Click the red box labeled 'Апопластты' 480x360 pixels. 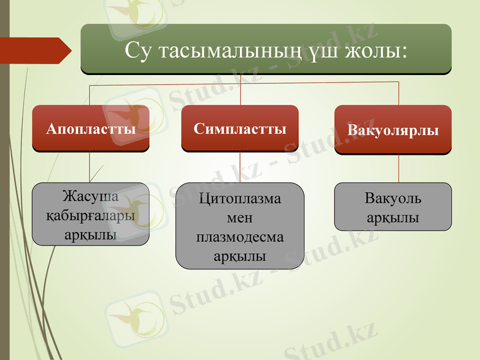91,128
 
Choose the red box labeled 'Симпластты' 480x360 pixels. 240,128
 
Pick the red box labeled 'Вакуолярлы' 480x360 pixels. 393,130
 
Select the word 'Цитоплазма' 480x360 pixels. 240,199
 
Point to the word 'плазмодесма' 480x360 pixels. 240,237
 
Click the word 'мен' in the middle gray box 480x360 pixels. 240,218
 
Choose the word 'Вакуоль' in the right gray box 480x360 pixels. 393,199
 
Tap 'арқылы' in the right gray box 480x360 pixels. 393,217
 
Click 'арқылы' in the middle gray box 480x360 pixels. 240,256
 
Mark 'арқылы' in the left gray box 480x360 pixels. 91,233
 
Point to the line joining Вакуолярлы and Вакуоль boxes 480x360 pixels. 399,168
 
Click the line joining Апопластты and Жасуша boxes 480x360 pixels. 90,166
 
